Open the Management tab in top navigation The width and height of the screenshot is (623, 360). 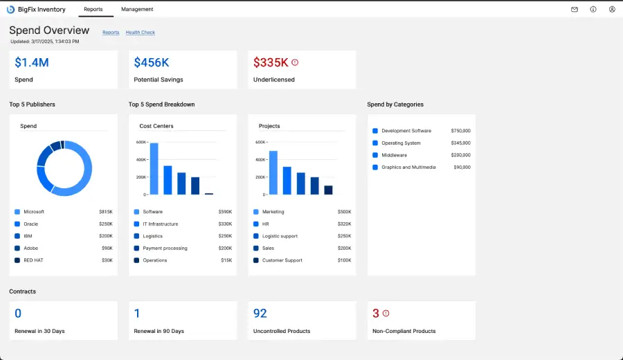click(x=137, y=9)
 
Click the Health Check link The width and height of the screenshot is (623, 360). click(x=140, y=33)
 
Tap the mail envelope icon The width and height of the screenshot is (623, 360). click(x=574, y=10)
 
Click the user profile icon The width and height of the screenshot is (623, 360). click(x=612, y=10)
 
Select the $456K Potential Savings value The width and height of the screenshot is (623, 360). click(x=152, y=62)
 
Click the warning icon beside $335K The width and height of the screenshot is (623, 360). click(x=295, y=62)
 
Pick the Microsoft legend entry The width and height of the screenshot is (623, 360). click(x=34, y=212)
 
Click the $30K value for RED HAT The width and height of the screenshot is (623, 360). click(x=106, y=260)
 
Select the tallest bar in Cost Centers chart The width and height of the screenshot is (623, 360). click(x=154, y=168)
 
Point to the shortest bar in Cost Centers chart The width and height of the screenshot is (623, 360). click(x=209, y=193)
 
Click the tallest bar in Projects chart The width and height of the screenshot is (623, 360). click(x=273, y=172)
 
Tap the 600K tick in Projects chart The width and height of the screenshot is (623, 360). click(x=260, y=142)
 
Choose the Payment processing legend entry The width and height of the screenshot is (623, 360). click(x=165, y=248)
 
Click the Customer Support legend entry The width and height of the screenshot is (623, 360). click(x=282, y=260)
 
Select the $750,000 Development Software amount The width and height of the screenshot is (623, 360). click(x=460, y=131)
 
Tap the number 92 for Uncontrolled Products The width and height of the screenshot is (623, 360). click(x=260, y=314)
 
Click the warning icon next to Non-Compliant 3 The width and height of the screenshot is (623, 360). click(x=386, y=313)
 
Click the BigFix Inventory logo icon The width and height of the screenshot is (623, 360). click(x=10, y=9)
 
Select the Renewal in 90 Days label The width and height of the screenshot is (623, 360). click(x=159, y=331)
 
